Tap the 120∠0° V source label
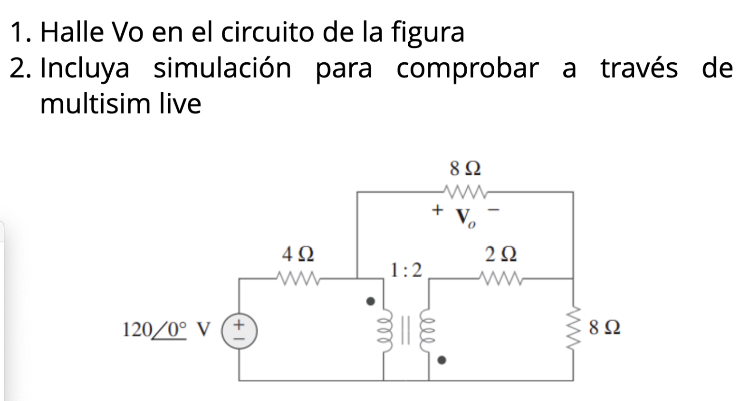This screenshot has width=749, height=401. (166, 329)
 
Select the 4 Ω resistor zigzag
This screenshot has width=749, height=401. (298, 278)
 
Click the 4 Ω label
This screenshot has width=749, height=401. (298, 255)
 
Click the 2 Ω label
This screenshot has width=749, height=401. (501, 255)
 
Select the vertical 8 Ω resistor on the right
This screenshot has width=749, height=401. (573, 328)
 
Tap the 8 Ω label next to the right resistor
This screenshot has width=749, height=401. (604, 328)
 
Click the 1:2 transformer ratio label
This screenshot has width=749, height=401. (406, 270)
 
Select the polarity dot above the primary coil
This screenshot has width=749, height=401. (371, 301)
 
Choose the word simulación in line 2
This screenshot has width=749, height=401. (222, 68)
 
